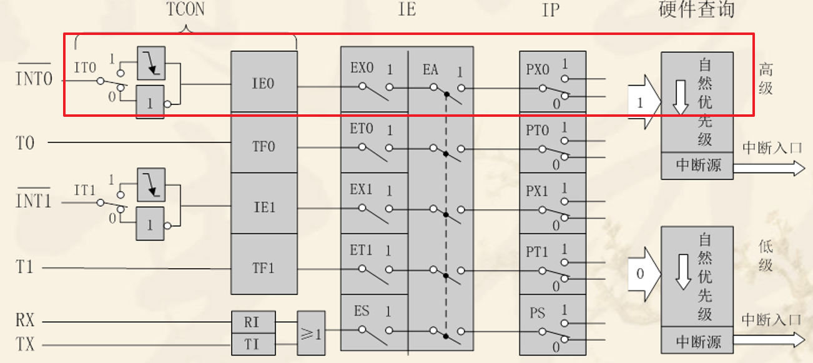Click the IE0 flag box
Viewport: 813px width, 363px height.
[x=263, y=82]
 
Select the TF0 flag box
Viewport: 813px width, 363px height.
[x=263, y=146]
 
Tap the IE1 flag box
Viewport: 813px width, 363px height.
[x=263, y=207]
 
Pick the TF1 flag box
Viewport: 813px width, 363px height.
[x=263, y=268]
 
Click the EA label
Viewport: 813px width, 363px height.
[x=430, y=69]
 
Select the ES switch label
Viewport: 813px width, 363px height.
[x=362, y=311]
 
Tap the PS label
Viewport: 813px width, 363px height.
[x=536, y=312]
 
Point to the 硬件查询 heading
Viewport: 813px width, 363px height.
[x=697, y=10]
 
